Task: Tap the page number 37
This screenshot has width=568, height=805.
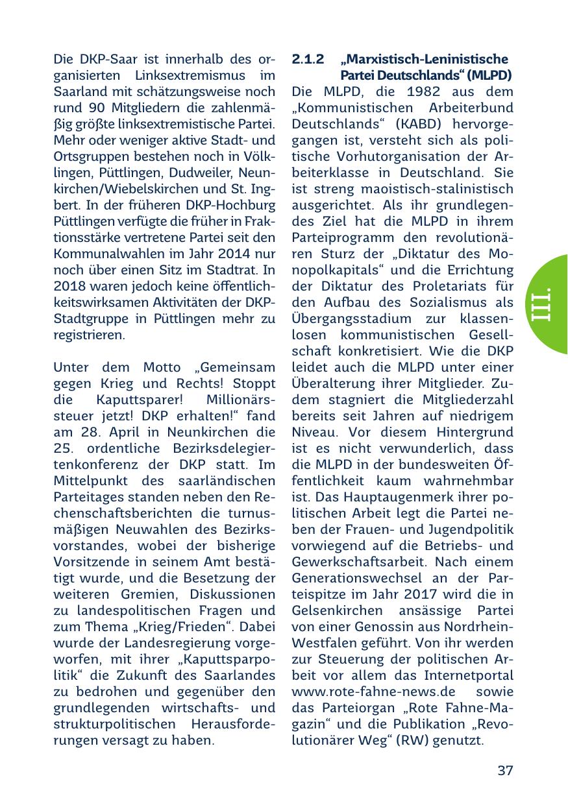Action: click(506, 771)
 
